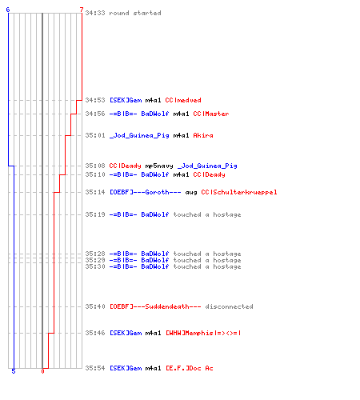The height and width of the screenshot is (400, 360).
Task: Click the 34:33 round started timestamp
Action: pos(95,13)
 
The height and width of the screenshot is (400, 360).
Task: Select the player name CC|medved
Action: pos(183,100)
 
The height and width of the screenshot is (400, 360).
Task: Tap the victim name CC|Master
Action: pos(211,114)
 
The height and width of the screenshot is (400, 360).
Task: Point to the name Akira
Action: pos(203,135)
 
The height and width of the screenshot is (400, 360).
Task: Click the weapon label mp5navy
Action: pos(159,166)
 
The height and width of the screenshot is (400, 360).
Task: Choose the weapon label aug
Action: pos(191,193)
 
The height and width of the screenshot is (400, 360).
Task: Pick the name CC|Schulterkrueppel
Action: pos(239,192)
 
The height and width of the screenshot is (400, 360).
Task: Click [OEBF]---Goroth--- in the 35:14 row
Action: pos(146,192)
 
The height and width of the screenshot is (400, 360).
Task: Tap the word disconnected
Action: pos(229,306)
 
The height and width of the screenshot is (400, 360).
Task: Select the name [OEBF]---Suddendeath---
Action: pos(155,306)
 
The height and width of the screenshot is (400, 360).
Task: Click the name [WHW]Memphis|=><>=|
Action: pos(203,333)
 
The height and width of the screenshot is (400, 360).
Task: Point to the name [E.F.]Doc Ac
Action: pos(190,368)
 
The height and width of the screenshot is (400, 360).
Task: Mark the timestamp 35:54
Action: pos(95,368)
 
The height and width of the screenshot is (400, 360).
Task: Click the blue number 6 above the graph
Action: pos(8,10)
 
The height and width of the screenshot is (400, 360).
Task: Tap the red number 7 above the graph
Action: pos(82,10)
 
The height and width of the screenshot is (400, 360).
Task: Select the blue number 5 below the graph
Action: pos(14,371)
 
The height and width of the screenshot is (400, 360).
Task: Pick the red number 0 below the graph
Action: pos(42,371)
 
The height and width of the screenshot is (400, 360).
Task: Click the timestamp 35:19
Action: pos(95,214)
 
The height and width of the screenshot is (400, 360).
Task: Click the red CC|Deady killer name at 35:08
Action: pos(125,166)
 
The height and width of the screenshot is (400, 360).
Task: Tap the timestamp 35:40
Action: pos(95,306)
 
